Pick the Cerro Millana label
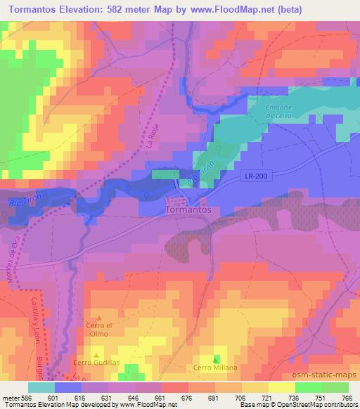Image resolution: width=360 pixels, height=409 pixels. pos(215,368)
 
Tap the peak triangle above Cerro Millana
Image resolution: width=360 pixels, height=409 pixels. pos(215,359)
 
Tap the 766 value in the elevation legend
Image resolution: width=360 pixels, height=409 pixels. pos(346,396)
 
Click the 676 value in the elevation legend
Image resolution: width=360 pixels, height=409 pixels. pos(188,396)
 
